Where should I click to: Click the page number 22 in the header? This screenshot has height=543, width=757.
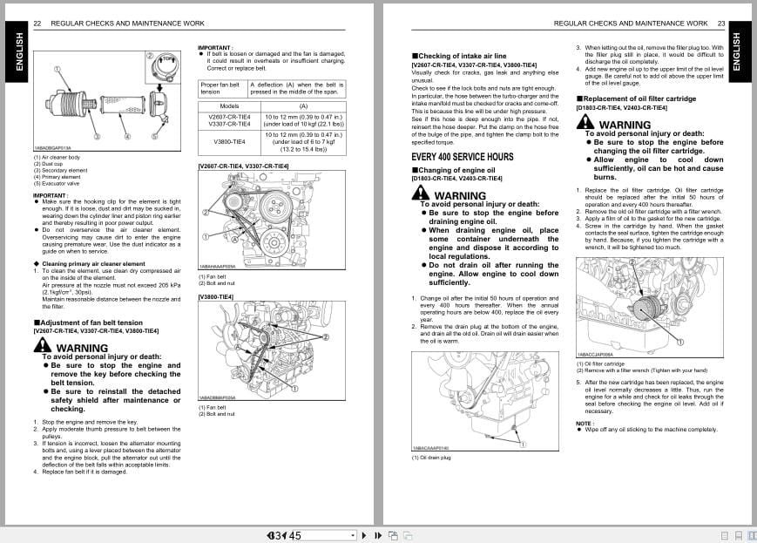click(x=37, y=24)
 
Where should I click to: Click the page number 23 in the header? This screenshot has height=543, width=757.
click(x=720, y=24)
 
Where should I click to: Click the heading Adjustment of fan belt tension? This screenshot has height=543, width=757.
click(x=87, y=322)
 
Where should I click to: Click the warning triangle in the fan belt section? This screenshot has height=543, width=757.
click(x=43, y=346)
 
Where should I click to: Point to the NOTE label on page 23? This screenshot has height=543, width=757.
click(x=585, y=423)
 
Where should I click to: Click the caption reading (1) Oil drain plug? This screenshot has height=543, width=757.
click(x=432, y=457)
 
